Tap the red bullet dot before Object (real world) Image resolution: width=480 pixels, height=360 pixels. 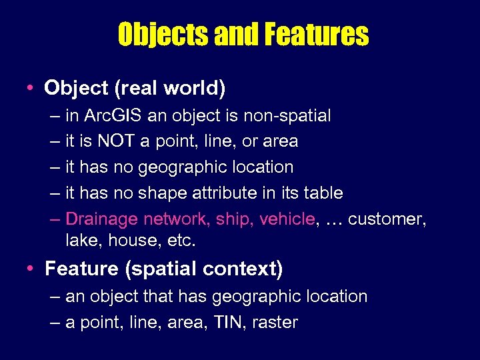point(31,87)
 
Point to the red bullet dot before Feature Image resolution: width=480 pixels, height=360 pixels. point(31,269)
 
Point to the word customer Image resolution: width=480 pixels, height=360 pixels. point(387,219)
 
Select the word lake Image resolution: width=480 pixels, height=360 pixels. point(82,240)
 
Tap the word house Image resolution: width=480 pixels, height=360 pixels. point(133,240)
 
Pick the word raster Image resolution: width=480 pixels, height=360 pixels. point(275,323)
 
